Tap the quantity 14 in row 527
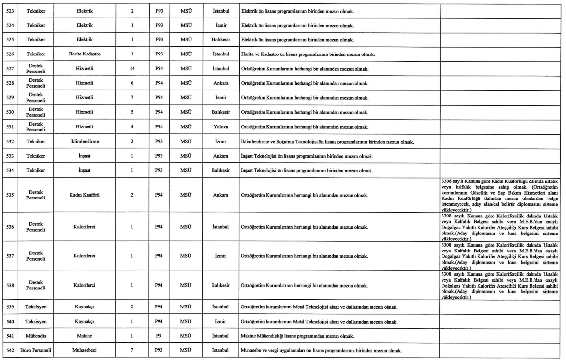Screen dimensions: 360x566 tap(132, 68)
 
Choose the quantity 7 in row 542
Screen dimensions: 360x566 tap(132, 351)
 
